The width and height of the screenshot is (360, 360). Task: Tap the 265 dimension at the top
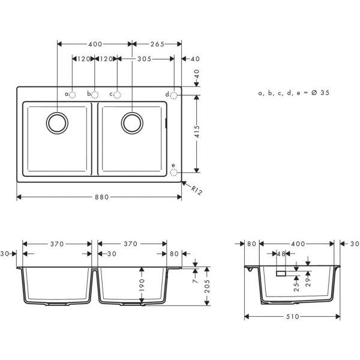pos(158,44)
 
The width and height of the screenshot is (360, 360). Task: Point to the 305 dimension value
pos(144,59)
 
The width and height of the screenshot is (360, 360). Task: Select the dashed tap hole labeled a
pos(73,94)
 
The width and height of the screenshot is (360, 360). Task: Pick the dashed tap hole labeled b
pos(95,94)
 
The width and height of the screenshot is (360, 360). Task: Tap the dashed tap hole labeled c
pos(118,94)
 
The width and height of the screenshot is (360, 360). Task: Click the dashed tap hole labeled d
pos(174,94)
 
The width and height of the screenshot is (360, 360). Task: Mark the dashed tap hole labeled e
pos(174,172)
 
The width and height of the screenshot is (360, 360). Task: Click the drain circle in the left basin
pos(58,122)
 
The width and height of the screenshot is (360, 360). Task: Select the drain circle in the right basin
pos(132,122)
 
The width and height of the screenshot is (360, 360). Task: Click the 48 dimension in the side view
pos(281,254)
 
